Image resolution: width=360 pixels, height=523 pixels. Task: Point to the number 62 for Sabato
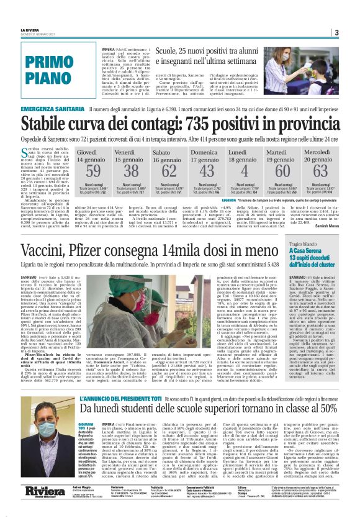pos(169,171)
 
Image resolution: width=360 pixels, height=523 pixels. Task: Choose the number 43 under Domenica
pos(207,171)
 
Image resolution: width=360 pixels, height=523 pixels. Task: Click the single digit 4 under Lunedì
pos(245,171)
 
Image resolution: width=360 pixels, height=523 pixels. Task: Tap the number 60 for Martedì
pos(282,171)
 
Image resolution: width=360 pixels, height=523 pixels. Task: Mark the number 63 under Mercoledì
pos(320,171)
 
